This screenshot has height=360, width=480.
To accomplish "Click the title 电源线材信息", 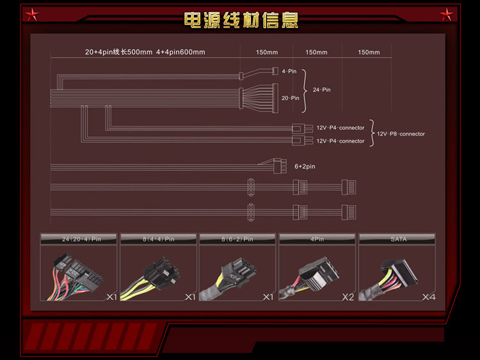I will (x=241, y=20).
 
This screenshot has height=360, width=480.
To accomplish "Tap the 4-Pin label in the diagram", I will (x=289, y=72).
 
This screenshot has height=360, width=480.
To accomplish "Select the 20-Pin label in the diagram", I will (x=290, y=98).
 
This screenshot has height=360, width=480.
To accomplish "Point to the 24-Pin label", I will (x=321, y=90).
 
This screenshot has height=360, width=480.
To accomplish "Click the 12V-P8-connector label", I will (x=401, y=134).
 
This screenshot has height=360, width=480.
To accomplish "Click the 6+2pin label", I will (x=305, y=166).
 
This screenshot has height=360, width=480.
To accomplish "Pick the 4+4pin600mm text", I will (x=180, y=52).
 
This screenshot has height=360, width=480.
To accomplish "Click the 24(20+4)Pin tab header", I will (x=80, y=239).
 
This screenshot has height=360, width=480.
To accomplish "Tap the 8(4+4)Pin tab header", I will (x=159, y=239).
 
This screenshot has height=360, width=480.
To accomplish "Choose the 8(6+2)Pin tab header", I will (x=238, y=239).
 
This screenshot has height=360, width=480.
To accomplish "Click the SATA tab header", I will (x=398, y=239).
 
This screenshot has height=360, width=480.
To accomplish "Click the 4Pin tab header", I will (x=318, y=239).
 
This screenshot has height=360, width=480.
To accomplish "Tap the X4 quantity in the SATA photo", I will (x=429, y=297).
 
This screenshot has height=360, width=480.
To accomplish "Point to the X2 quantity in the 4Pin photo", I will (x=349, y=297).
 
